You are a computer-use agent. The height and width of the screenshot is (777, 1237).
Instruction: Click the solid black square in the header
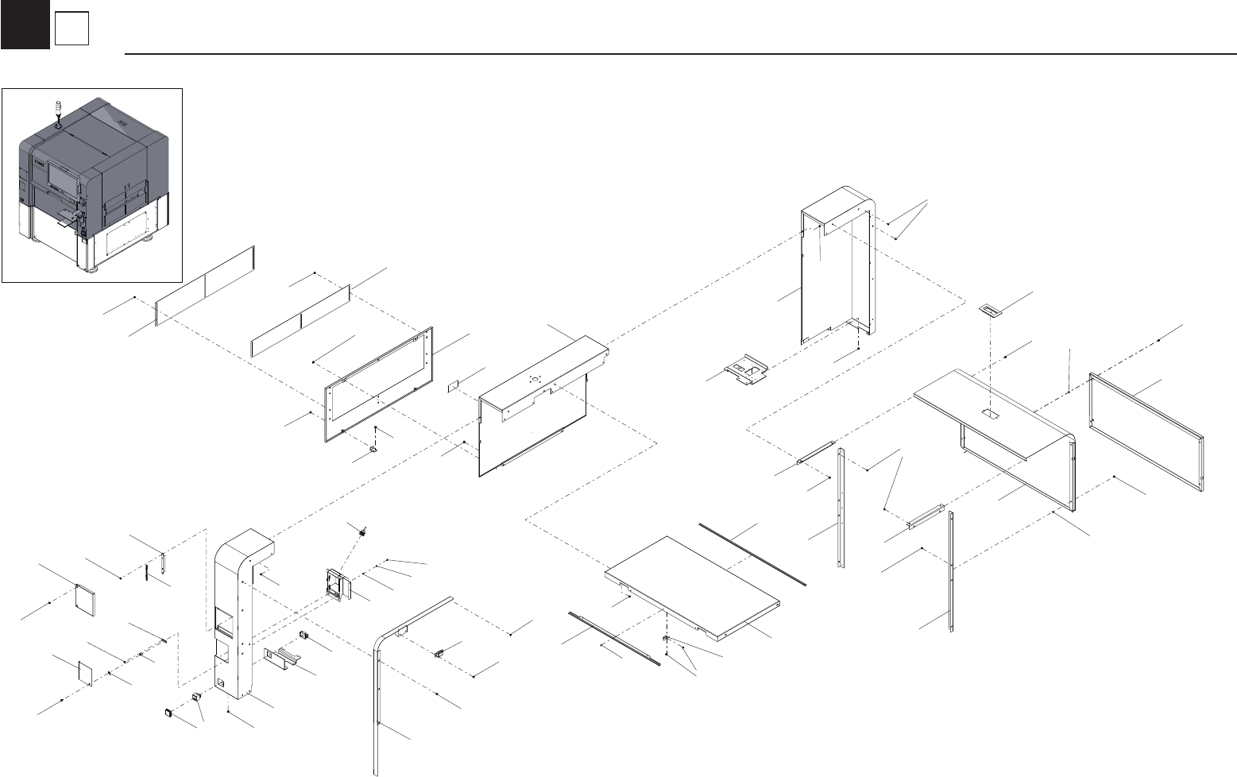point(25,25)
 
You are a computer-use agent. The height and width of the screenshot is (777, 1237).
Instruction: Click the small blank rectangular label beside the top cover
point(454,386)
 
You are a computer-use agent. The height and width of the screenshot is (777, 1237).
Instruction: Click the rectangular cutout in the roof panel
point(989,414)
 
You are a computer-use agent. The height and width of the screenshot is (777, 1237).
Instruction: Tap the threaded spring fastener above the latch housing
point(361,531)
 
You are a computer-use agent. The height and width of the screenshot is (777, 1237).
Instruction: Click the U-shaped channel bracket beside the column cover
point(283,658)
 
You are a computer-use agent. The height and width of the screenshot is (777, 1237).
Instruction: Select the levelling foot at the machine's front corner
point(93,269)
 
